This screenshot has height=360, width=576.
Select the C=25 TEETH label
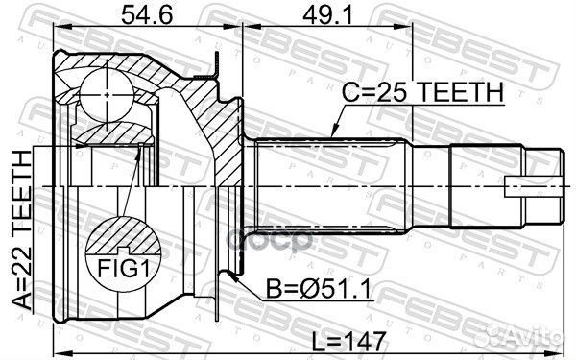click(x=423, y=92)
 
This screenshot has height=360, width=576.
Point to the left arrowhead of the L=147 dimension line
click(x=48, y=352)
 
